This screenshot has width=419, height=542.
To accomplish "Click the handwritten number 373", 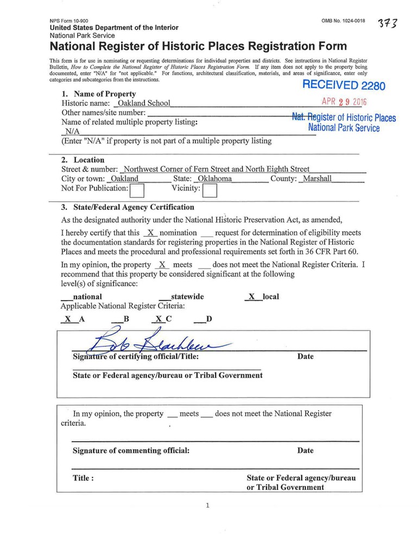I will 389,25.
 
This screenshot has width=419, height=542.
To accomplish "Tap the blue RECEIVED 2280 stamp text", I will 343,85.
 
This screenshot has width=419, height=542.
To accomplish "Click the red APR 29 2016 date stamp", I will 344,102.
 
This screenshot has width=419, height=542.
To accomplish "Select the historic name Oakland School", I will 144,103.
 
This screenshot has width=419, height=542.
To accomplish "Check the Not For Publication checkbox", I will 138,190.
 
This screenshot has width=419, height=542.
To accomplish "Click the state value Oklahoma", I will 214,178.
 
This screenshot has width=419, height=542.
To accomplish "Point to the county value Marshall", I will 317,178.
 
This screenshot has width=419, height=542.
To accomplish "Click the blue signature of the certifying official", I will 157,343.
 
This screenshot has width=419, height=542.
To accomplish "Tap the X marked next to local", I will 251,297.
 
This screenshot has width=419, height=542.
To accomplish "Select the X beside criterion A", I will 68,319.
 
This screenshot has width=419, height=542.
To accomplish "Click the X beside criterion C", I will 158,319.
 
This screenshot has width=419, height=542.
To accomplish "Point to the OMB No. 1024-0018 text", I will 343,21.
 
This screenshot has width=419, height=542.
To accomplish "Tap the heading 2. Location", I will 82,160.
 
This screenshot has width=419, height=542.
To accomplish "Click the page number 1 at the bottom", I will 207,506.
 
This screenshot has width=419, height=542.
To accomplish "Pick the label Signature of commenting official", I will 131,450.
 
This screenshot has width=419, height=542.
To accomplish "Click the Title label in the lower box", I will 84,478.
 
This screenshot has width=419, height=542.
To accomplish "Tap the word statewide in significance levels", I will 187,297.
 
